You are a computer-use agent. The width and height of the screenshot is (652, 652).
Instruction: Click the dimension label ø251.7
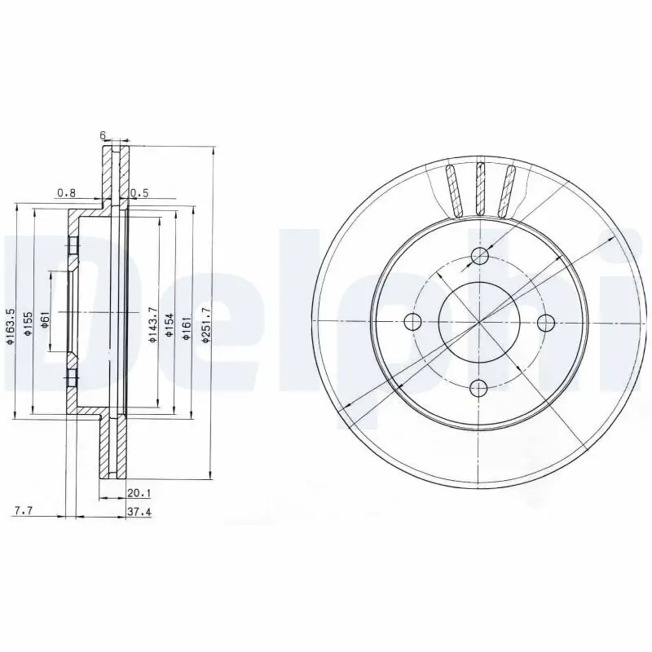208,323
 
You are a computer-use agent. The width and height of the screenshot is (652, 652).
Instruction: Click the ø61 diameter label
46,318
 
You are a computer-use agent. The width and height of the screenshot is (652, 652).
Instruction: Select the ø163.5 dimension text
10,324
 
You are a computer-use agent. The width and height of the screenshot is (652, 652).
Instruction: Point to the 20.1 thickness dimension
136,491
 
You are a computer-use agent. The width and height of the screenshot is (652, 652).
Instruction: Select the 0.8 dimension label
66,193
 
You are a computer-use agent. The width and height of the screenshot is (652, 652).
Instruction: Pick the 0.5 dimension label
140,193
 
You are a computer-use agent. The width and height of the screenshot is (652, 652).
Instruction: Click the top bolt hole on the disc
480,257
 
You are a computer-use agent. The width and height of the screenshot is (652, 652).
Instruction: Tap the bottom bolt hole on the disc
480,387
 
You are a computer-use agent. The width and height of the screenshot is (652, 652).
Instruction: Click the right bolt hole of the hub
545,321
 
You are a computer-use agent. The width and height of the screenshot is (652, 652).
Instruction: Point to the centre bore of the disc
479,321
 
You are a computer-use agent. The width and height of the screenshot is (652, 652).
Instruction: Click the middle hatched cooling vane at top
481,190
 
